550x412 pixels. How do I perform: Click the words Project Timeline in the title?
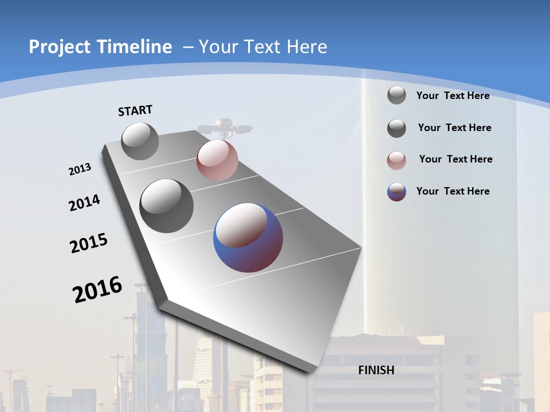[100, 47]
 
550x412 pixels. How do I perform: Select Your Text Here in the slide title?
[263, 47]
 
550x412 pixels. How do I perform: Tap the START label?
[135, 110]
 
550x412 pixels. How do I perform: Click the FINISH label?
[376, 370]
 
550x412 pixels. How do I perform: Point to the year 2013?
[80, 169]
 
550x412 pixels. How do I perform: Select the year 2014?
[84, 203]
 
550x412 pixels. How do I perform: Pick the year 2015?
[89, 243]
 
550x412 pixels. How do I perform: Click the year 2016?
[97, 290]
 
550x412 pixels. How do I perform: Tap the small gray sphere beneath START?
[140, 141]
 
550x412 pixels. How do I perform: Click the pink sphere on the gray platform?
[217, 160]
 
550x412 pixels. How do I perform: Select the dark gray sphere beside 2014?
[167, 206]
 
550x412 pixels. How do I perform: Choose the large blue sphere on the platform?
[248, 237]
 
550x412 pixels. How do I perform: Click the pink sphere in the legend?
[396, 160]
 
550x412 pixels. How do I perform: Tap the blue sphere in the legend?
[396, 192]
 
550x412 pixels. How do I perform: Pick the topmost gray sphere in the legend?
[396, 95]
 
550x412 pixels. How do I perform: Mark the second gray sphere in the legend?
[396, 128]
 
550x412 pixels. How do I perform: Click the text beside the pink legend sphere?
[455, 159]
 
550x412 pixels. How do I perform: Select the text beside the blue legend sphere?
[453, 191]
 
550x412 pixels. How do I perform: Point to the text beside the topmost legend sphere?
[453, 96]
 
